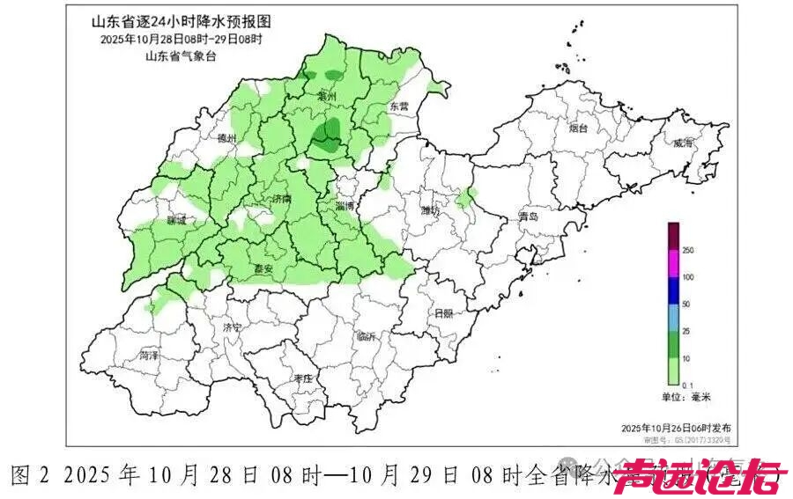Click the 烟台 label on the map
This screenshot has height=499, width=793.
[577, 128]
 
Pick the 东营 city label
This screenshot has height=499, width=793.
[399, 106]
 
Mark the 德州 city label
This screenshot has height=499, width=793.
[226, 138]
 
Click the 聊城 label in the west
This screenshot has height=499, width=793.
[176, 222]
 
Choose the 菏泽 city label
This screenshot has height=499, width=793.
[149, 356]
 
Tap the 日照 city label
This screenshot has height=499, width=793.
[443, 313]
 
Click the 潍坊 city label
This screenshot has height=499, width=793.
[430, 210]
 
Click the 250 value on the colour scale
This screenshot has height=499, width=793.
[688, 251]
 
